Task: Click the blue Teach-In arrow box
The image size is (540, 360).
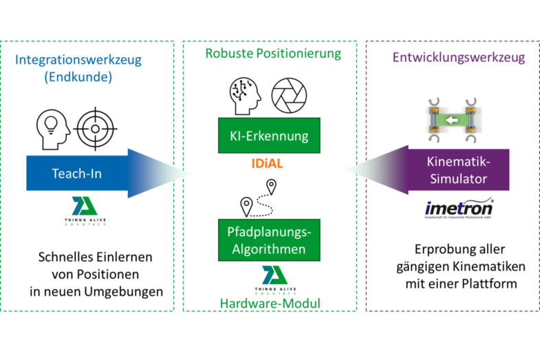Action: (x=76, y=173)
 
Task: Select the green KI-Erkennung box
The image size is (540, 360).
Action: (x=270, y=136)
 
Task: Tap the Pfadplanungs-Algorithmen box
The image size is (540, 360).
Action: (x=270, y=240)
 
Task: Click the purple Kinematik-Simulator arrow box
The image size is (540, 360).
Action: (x=459, y=171)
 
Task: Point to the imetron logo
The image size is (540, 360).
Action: (x=459, y=207)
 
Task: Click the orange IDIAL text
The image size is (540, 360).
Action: (x=267, y=165)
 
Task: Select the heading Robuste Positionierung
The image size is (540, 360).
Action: (x=273, y=54)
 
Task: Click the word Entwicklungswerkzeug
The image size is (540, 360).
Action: (x=459, y=58)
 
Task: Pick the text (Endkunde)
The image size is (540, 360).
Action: (x=78, y=77)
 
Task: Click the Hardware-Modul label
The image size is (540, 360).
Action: (x=270, y=303)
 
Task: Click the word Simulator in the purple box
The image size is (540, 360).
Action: (x=458, y=179)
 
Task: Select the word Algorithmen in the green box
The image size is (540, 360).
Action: (x=270, y=248)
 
